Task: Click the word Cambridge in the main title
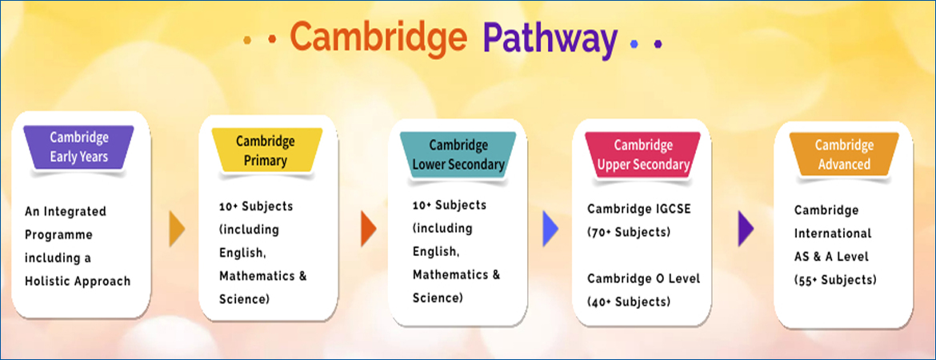[378, 38]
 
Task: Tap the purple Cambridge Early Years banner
[78, 147]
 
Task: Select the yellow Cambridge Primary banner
[266, 150]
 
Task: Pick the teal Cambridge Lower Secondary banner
[458, 154]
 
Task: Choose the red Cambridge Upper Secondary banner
[643, 154]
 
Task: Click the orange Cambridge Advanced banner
[844, 154]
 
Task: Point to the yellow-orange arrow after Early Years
[178, 230]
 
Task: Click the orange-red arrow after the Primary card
[368, 230]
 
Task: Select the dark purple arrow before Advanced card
[746, 230]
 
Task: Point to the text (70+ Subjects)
[629, 232]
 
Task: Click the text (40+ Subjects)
[629, 302]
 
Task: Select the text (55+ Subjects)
[835, 279]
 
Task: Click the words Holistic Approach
[78, 281]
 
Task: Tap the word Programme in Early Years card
[58, 235]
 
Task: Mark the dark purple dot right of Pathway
[658, 43]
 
